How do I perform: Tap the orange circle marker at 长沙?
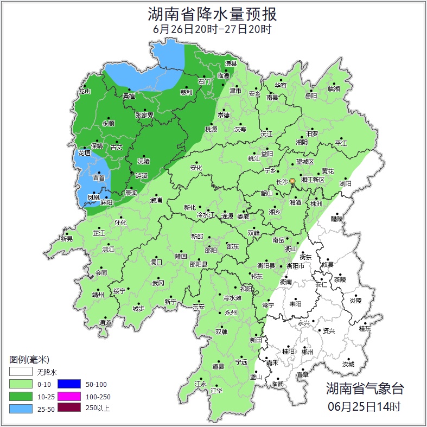[292, 181]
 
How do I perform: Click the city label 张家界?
[144, 115]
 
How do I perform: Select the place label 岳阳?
[311, 96]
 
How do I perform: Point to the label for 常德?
[224, 115]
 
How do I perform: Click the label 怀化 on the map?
[120, 222]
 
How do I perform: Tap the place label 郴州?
[308, 352]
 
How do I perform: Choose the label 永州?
[231, 313]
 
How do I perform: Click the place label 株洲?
[316, 203]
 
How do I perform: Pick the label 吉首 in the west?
[99, 177]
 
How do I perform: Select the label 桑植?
[129, 96]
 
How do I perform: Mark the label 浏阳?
[345, 184]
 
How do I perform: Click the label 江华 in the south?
[216, 390]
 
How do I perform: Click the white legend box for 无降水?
[21, 372]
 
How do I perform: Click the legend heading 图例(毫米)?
[29, 360]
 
